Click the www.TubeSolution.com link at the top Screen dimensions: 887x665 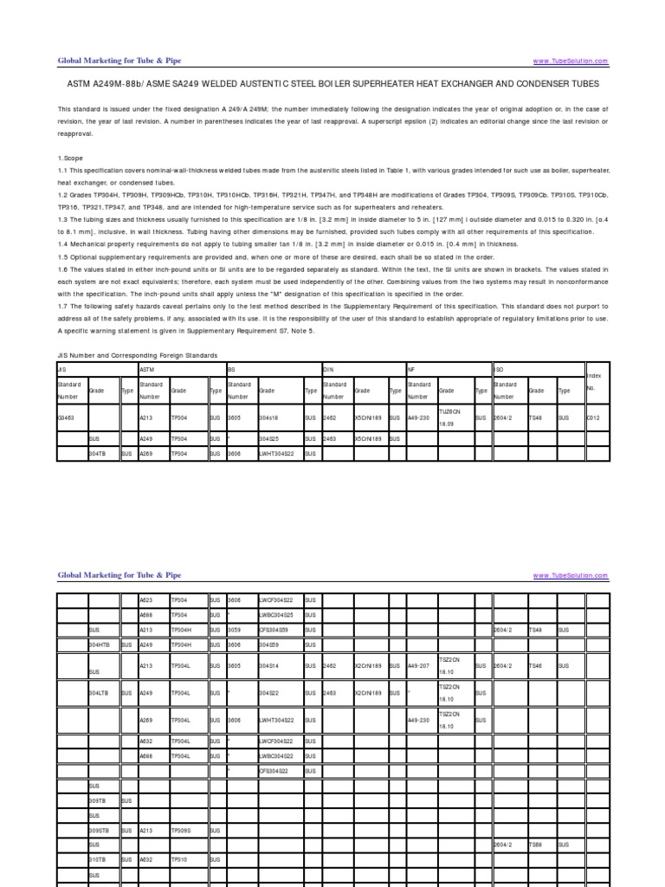coord(571,62)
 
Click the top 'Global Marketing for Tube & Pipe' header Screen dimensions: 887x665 coord(119,61)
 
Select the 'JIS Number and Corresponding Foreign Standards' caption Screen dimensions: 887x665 coord(137,355)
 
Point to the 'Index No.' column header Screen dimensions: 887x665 coord(594,382)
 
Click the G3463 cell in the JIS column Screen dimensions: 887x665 coord(66,417)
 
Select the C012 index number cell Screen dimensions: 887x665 coord(593,417)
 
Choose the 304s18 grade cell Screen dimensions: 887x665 coord(268,417)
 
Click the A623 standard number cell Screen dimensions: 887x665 coord(147,599)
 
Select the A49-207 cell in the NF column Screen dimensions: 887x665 coord(419,666)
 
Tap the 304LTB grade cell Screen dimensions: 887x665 coord(99,694)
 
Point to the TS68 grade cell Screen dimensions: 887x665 coord(539,844)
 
